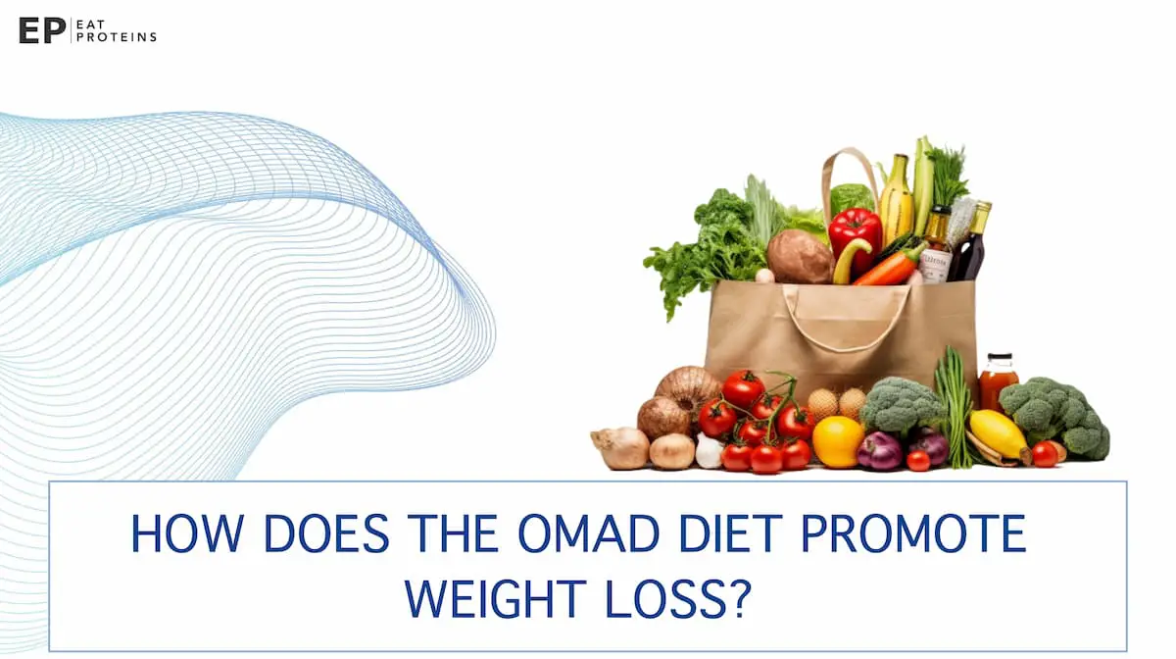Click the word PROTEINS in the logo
tap(125, 36)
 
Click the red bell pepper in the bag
tap(856, 233)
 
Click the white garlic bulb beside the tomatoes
tap(709, 451)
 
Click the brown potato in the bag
tap(799, 257)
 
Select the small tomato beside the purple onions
tap(917, 461)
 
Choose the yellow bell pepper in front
tap(838, 441)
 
